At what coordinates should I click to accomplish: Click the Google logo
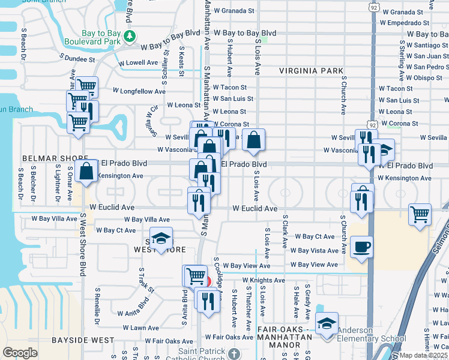pyautogui.click(x=20, y=352)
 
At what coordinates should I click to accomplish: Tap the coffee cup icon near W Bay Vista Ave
pyautogui.click(x=361, y=247)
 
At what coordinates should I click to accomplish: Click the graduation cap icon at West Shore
pyautogui.click(x=160, y=239)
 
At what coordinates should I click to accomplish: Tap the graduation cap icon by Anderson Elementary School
pyautogui.click(x=327, y=325)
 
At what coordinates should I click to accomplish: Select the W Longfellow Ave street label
pyautogui.click(x=139, y=92)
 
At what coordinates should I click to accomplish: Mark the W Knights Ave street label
pyautogui.click(x=264, y=280)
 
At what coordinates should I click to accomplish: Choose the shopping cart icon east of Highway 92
pyautogui.click(x=420, y=213)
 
